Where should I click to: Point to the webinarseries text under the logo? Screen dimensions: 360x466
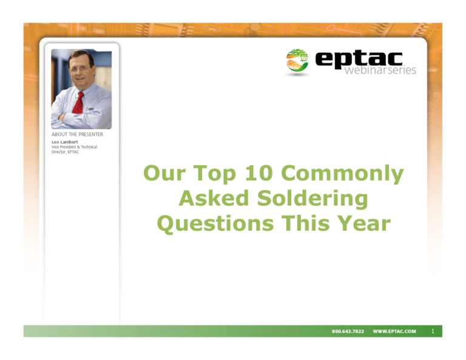tap(380, 70)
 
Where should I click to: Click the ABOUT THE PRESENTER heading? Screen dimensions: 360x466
tap(76, 135)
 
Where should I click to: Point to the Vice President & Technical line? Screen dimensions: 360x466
tap(74, 147)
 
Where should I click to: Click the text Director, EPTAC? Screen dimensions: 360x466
tap(66, 152)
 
